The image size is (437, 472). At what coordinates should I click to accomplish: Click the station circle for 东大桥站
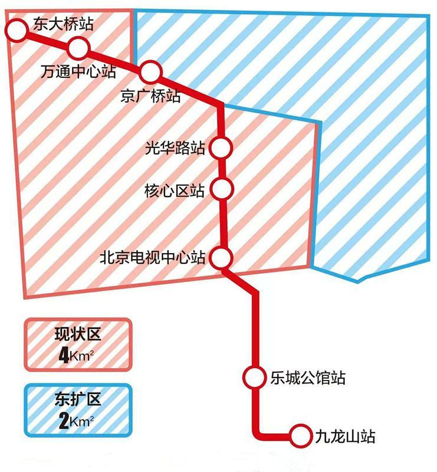[17, 28]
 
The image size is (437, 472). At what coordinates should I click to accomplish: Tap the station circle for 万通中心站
[78, 47]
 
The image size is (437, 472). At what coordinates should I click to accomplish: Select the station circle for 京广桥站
[150, 72]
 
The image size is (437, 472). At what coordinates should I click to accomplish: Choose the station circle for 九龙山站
[301, 436]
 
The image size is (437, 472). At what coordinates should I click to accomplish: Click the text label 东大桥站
[60, 23]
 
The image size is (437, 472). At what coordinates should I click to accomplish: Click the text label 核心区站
[175, 191]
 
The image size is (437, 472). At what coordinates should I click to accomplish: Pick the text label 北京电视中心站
[152, 258]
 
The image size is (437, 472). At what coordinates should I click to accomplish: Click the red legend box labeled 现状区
[77, 345]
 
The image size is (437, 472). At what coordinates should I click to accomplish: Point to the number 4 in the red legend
[64, 356]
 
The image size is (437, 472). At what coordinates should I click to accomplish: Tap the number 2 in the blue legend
[64, 421]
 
